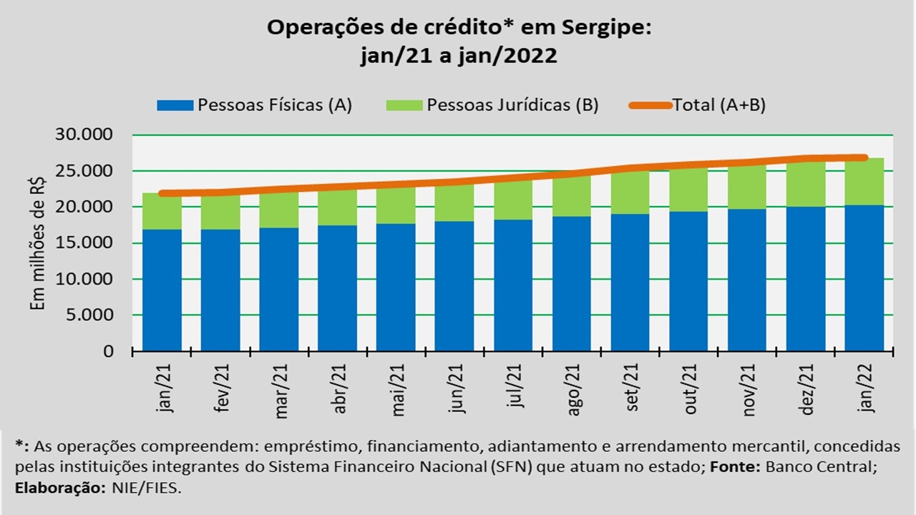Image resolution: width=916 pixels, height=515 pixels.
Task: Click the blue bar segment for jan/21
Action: pos(162,290)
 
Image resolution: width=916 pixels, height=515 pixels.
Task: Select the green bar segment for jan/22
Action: pos(864,182)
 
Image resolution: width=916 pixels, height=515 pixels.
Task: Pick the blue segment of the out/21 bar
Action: pos(688,281)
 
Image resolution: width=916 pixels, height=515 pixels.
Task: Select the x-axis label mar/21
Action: pos(280,391)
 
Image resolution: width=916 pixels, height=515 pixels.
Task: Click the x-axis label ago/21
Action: pos(572,391)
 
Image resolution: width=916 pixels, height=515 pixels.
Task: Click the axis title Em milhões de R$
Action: pos(39,243)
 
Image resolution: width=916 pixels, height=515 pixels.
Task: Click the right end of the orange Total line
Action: pos(864,158)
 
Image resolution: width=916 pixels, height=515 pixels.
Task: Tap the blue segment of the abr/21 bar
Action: pos(337,288)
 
